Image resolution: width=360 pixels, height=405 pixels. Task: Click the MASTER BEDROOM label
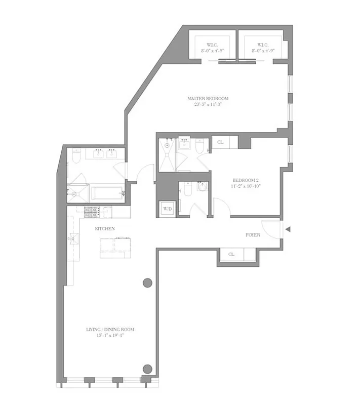[208, 98]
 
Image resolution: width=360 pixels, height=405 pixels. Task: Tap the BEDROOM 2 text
[246, 180]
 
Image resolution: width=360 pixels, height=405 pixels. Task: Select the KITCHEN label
[105, 229]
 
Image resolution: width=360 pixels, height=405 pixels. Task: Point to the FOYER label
[253, 235]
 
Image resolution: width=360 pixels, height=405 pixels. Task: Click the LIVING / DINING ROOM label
[110, 330]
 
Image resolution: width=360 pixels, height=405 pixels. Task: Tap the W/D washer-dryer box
[167, 208]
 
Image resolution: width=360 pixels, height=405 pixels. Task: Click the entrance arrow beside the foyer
[288, 230]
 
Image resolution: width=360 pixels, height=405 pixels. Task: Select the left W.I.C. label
[211, 44]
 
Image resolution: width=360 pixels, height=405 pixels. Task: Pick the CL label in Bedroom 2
[220, 142]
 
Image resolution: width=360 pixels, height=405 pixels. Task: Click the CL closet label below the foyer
[231, 254]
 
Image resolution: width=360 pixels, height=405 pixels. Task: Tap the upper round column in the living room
[147, 282]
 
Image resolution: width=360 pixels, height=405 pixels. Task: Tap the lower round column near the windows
[147, 369]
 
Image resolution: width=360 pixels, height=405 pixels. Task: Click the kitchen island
[115, 247]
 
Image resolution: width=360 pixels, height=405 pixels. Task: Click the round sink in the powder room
[202, 187]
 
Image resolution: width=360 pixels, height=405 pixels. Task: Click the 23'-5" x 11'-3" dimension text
[208, 105]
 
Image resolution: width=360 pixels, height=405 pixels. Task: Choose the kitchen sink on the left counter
[73, 238]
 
